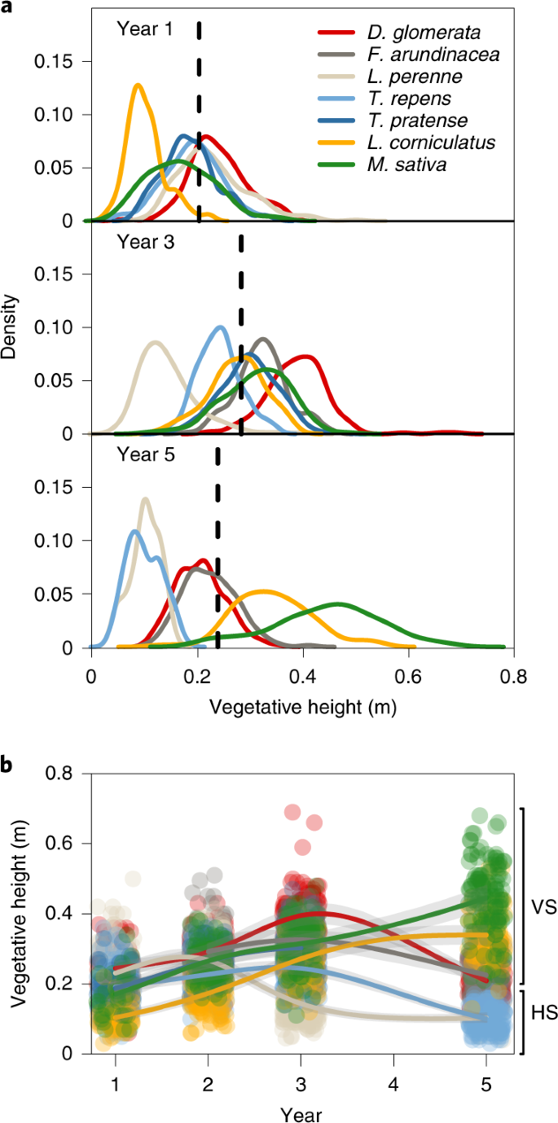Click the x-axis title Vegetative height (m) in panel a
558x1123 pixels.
point(302,707)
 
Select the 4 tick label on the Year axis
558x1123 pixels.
point(393,1063)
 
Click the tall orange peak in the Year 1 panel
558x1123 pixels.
point(138,85)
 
